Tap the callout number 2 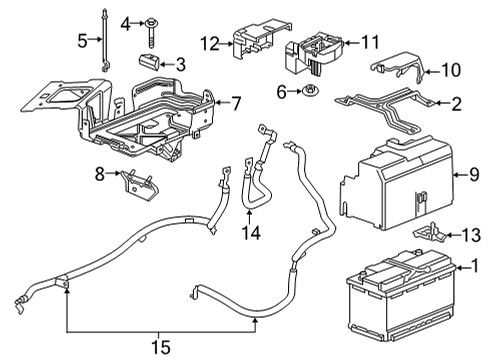(x=457, y=103)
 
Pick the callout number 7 (x=236, y=102)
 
